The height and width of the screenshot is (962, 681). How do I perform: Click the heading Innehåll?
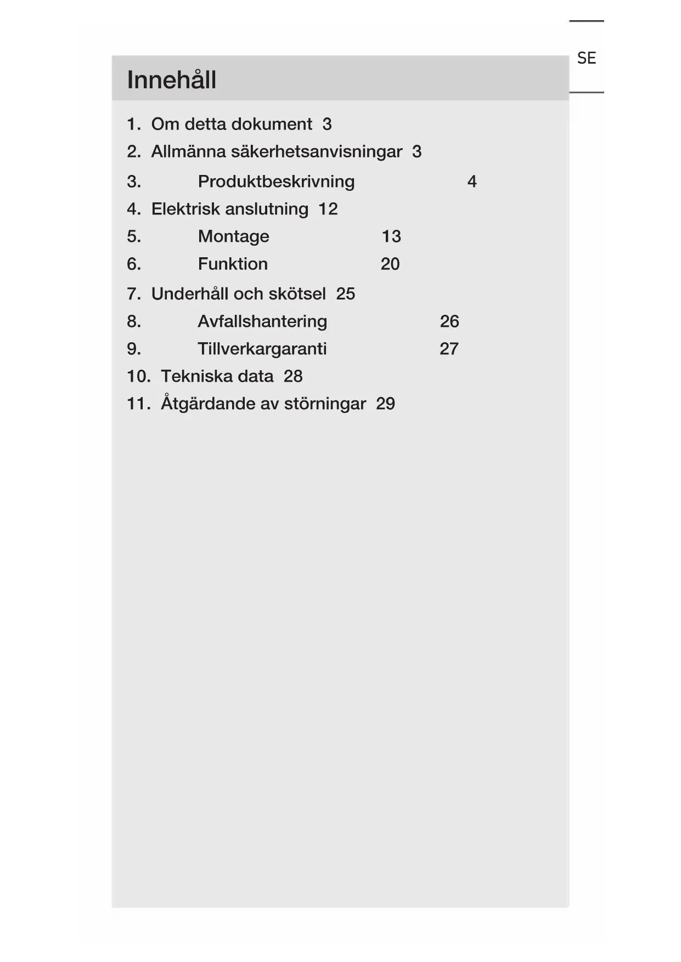[171, 80]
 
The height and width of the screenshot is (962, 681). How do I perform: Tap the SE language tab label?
[586, 58]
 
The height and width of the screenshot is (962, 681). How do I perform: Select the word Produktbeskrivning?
[276, 182]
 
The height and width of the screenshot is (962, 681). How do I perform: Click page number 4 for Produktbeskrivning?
[471, 182]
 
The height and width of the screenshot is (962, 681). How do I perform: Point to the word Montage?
[233, 236]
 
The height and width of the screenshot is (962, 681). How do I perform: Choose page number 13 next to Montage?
[391, 236]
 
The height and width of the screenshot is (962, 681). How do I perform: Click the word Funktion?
[233, 264]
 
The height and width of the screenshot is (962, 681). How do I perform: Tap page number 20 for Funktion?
[390, 264]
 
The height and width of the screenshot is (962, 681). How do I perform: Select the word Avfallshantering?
[262, 321]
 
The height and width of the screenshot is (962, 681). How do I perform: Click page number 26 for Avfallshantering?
[449, 321]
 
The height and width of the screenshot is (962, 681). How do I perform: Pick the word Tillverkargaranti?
[262, 349]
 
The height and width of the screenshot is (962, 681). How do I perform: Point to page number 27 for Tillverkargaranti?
[448, 349]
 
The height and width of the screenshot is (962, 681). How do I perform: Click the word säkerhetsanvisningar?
[316, 151]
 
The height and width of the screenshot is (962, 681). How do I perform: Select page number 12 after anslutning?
[328, 209]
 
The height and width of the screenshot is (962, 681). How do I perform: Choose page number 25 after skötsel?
[345, 294]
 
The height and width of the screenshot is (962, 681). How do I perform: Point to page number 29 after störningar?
[385, 404]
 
